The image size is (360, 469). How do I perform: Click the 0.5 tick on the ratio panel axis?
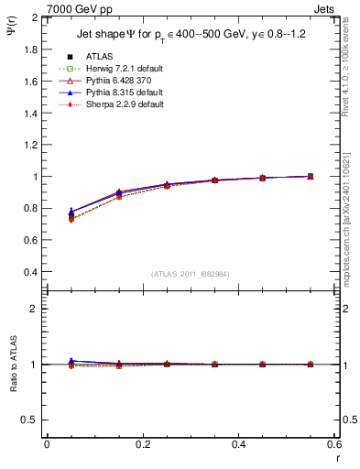click(x=32, y=420)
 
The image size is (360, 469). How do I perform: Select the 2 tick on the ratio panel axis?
click(x=37, y=309)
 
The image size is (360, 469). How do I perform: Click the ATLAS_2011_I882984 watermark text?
click(x=190, y=274)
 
